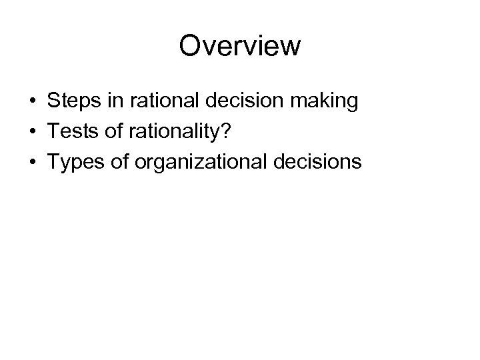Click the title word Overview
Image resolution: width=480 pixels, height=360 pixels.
(x=240, y=46)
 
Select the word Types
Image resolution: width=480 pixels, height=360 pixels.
(x=73, y=162)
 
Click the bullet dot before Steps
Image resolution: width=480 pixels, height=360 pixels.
(x=32, y=102)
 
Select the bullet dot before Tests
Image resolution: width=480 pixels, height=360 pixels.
(x=32, y=132)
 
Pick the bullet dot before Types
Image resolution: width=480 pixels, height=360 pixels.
(x=32, y=162)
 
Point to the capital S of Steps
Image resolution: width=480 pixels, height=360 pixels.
(x=53, y=101)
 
